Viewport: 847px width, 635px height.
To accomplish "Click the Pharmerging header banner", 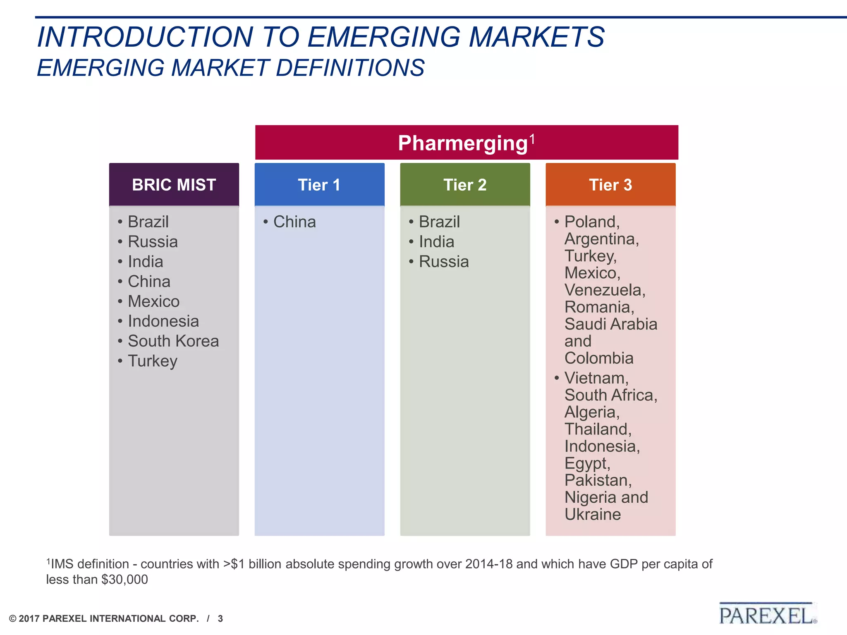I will point(466,143).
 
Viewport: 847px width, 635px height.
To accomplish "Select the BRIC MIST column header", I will point(174,185).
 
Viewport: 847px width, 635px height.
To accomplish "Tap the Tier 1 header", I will point(319,185).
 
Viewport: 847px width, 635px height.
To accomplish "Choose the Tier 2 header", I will point(465,185).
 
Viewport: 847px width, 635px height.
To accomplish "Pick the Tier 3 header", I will point(610,185).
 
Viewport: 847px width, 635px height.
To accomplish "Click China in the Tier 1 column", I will point(294,222).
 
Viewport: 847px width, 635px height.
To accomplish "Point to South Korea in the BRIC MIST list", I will point(173,341).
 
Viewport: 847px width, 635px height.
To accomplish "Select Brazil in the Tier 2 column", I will point(439,222).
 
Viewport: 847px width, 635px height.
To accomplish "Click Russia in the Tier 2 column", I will point(444,262).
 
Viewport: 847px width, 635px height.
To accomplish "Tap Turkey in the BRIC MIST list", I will point(153,361).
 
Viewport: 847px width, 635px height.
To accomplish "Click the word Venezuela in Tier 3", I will point(604,290).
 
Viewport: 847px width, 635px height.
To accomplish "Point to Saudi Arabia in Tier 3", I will point(611,324).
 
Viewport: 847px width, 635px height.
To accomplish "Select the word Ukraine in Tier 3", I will point(593,514).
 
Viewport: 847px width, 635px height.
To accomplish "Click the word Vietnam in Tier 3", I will point(596,378).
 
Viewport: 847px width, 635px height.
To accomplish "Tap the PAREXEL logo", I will point(767,615).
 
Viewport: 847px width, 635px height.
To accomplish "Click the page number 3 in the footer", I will point(220,619).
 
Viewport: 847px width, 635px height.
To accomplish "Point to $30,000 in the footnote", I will point(124,580).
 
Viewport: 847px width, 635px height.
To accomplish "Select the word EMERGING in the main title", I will point(383,37).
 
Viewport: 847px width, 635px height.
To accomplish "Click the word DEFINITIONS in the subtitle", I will point(350,68).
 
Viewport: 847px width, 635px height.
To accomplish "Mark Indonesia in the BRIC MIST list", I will point(163,321).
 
